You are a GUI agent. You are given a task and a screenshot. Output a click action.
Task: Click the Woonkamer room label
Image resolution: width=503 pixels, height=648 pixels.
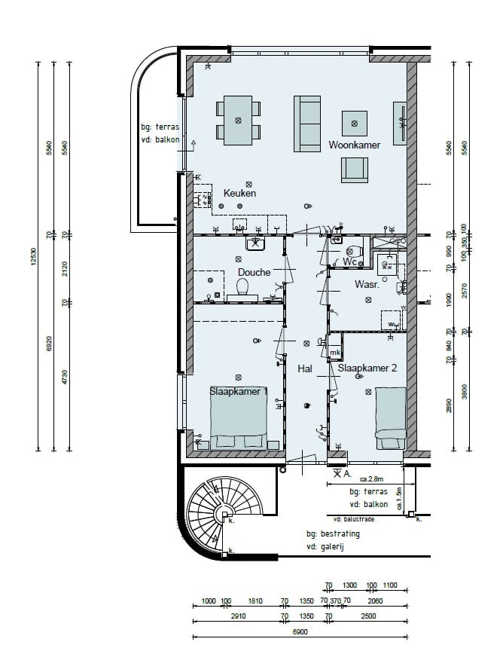point(354,145)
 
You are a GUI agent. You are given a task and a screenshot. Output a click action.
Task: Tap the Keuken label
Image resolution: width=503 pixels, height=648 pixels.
point(239,194)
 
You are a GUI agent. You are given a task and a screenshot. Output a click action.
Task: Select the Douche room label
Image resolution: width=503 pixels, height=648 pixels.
point(254,272)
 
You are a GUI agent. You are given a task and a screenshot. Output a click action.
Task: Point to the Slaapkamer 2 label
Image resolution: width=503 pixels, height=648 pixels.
point(367,368)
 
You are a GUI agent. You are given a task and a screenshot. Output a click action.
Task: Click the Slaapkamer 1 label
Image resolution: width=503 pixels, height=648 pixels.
point(238,392)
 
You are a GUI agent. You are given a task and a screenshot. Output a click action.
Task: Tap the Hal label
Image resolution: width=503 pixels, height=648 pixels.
point(305,369)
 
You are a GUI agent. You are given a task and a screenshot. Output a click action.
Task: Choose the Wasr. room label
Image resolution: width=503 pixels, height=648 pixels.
point(366,285)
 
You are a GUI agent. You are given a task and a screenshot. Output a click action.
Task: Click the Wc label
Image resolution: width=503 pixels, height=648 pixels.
point(349,261)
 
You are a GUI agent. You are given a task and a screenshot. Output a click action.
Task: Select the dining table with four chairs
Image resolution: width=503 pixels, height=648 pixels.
point(239,121)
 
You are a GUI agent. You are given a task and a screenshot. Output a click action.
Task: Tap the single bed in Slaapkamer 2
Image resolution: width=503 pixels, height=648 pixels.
point(391,420)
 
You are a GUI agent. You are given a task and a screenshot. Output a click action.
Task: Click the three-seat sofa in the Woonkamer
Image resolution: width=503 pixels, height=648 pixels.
point(307,124)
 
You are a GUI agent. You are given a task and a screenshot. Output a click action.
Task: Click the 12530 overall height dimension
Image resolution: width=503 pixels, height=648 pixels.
point(35,256)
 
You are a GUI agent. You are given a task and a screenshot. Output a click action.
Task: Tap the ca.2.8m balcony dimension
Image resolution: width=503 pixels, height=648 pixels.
point(371,479)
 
